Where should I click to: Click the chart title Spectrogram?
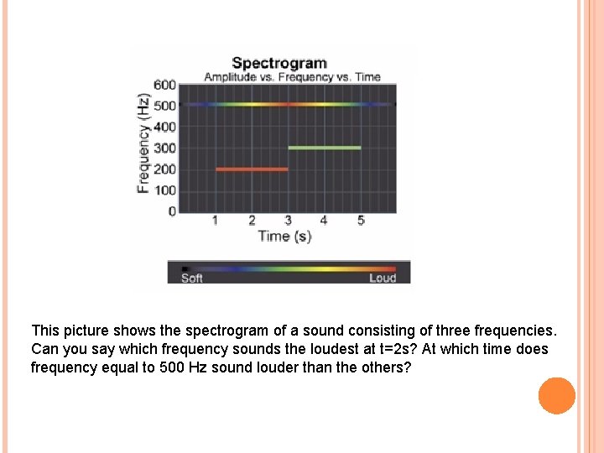tap(279, 63)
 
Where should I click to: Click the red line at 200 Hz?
tap(252, 169)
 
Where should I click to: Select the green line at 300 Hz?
tap(325, 148)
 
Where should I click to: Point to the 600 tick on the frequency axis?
tap(165, 85)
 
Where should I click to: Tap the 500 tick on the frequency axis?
tap(165, 106)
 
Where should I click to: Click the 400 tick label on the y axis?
tap(165, 127)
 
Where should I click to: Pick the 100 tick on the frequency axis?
tap(165, 190)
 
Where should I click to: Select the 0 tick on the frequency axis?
tap(172, 211)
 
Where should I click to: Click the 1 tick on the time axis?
tap(216, 221)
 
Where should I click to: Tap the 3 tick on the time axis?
tap(289, 221)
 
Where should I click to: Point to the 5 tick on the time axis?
tap(361, 221)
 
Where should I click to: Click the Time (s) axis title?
tap(284, 237)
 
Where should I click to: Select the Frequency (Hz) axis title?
tap(144, 143)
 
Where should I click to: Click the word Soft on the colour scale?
tap(192, 279)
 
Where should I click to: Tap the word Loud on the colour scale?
tap(383, 279)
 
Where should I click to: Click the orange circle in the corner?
tap(557, 396)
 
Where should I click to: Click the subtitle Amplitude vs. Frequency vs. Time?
tap(292, 77)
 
